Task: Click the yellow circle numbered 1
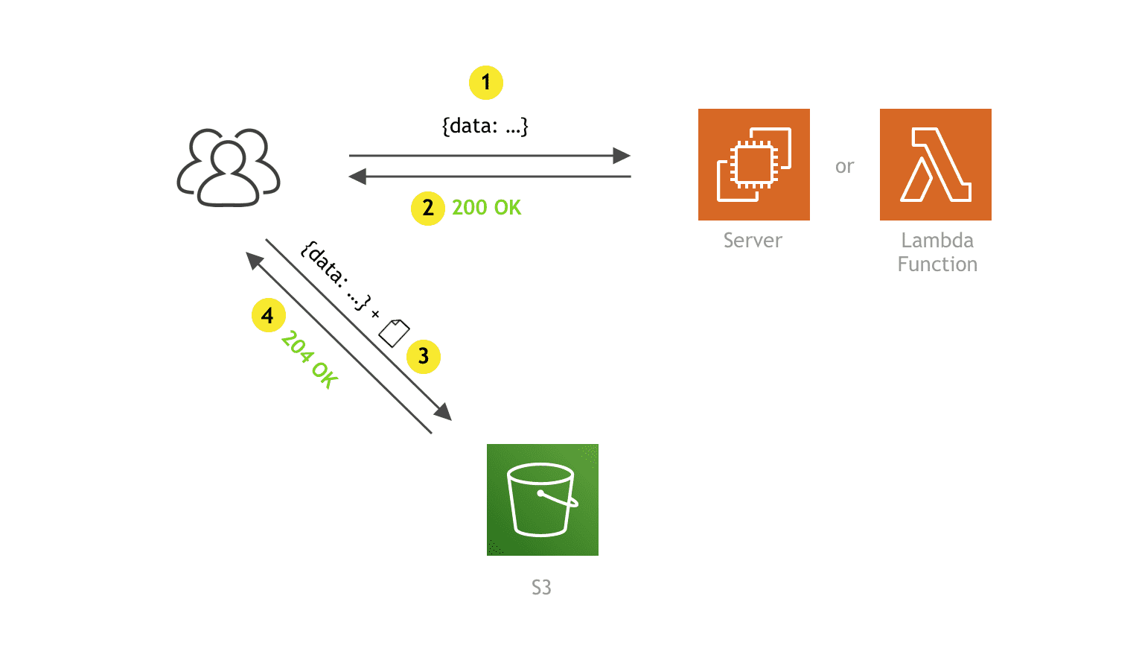pyautogui.click(x=486, y=83)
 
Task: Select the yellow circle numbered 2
pyautogui.click(x=428, y=208)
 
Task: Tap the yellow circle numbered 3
pyautogui.click(x=424, y=356)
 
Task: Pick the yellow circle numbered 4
pyautogui.click(x=268, y=315)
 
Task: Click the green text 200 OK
pyautogui.click(x=486, y=208)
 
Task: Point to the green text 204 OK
pyautogui.click(x=310, y=359)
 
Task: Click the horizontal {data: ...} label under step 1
pyautogui.click(x=485, y=126)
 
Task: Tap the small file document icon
pyautogui.click(x=394, y=332)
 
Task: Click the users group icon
pyautogui.click(x=229, y=168)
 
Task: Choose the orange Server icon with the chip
pyautogui.click(x=753, y=165)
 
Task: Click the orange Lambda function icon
pyautogui.click(x=935, y=165)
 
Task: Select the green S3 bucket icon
pyautogui.click(x=542, y=500)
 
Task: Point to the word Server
pyautogui.click(x=753, y=241)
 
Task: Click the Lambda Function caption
pyautogui.click(x=937, y=253)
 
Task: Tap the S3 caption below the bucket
pyautogui.click(x=541, y=588)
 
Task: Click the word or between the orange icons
pyautogui.click(x=844, y=167)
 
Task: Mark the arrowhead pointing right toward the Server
pyautogui.click(x=622, y=156)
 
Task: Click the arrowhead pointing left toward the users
pyautogui.click(x=358, y=177)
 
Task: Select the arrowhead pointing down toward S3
pyautogui.click(x=443, y=412)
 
